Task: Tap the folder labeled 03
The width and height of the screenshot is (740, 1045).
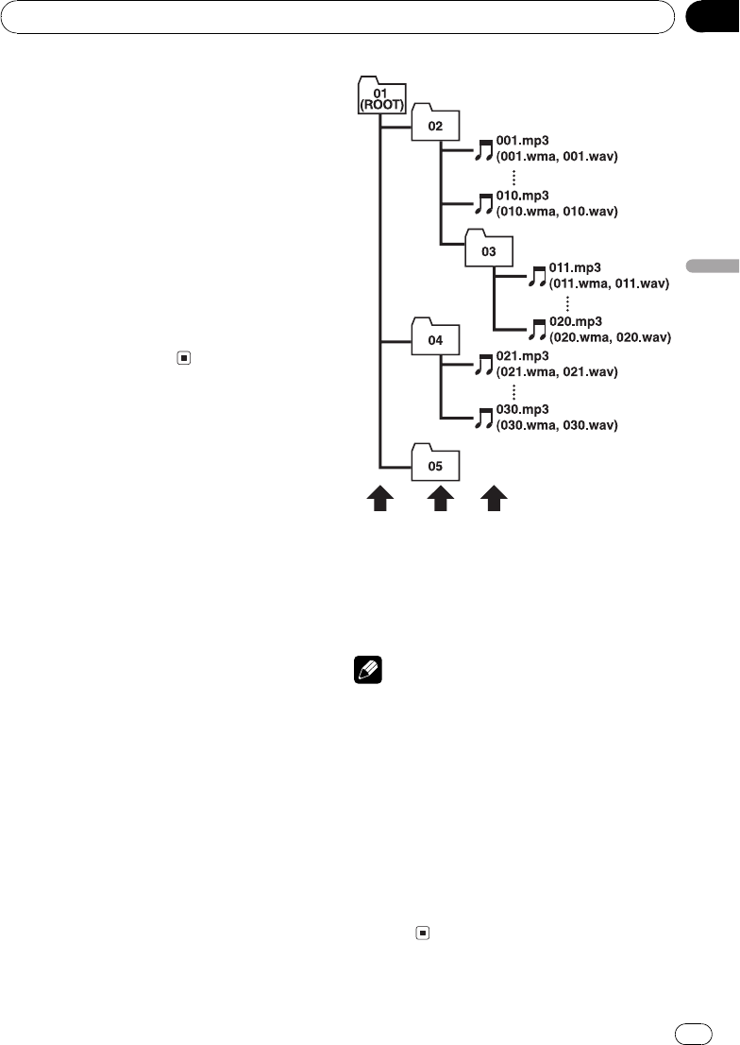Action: click(x=488, y=250)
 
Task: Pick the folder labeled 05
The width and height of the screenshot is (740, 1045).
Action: click(x=436, y=465)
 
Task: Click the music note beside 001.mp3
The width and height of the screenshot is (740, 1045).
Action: click(x=485, y=147)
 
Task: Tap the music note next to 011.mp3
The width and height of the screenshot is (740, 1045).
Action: click(x=538, y=275)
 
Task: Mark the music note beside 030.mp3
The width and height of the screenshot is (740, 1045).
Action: click(x=485, y=419)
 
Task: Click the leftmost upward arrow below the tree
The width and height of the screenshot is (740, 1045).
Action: click(x=379, y=499)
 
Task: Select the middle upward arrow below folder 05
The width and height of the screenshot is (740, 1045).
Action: click(x=437, y=499)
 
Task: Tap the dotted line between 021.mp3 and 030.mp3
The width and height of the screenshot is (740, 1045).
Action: click(x=514, y=391)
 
